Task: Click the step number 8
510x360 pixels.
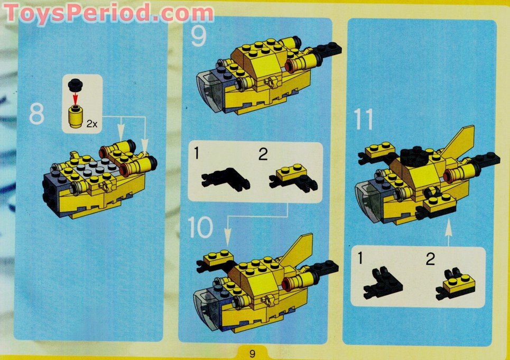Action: pyautogui.click(x=36, y=114)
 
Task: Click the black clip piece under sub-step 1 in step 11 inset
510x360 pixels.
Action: pyautogui.click(x=382, y=284)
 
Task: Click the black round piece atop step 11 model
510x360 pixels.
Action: pyautogui.click(x=414, y=156)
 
